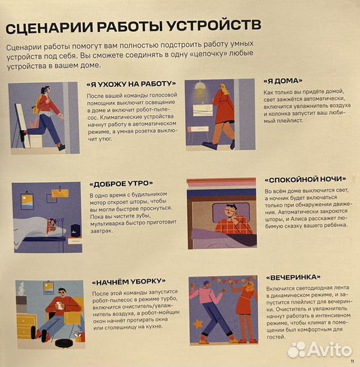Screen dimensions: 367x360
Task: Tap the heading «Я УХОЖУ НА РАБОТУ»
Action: point(131,84)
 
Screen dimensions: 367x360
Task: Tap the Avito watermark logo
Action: point(319,349)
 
